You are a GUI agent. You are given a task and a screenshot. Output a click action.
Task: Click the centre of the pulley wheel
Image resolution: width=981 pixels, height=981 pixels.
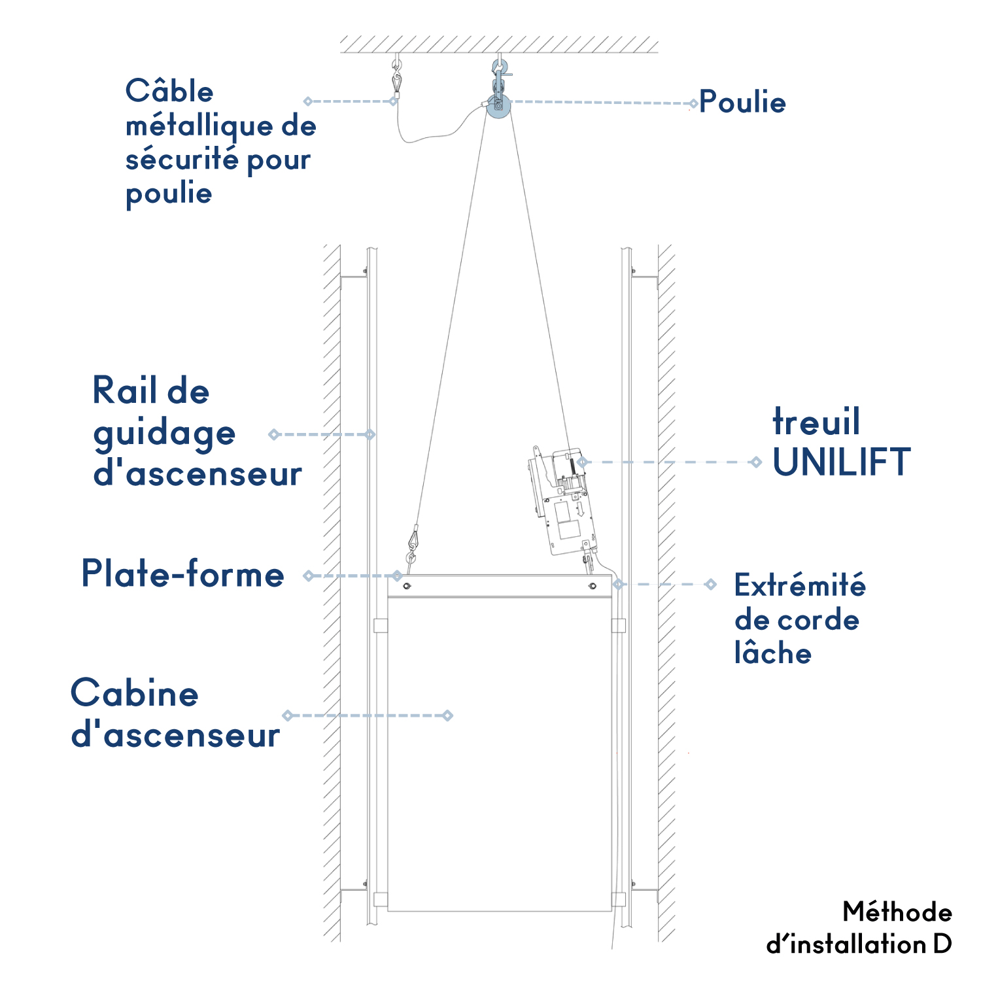(x=498, y=105)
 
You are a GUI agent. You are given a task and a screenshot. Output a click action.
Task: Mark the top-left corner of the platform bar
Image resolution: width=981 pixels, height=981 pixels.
(x=388, y=576)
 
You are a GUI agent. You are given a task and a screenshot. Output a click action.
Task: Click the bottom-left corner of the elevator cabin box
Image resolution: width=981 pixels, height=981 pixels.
(x=388, y=911)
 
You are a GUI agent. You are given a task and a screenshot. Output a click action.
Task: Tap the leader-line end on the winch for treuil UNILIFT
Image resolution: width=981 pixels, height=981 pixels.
(x=581, y=462)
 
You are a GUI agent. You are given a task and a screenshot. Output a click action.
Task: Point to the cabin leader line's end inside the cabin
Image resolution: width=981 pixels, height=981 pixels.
(x=448, y=715)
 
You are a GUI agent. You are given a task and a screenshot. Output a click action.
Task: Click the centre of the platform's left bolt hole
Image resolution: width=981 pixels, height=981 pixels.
(x=407, y=586)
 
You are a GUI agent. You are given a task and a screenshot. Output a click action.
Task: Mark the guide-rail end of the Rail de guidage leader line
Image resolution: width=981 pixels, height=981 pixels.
(x=370, y=434)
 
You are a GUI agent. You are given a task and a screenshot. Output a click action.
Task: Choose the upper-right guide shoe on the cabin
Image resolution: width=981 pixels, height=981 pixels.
(x=619, y=625)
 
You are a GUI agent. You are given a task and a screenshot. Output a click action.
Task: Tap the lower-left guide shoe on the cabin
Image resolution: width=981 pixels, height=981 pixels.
(x=381, y=899)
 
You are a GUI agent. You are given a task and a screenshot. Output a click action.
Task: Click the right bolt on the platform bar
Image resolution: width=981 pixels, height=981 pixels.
(x=593, y=586)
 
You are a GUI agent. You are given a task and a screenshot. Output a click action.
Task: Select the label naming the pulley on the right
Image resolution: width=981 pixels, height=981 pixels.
(x=743, y=102)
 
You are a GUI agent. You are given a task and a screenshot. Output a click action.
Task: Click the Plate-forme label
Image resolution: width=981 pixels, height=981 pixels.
(x=183, y=574)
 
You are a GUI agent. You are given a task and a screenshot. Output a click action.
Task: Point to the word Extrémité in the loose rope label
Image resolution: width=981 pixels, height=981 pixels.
(x=800, y=585)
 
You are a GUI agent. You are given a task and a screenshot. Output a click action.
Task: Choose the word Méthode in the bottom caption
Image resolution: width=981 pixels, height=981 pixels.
(x=897, y=912)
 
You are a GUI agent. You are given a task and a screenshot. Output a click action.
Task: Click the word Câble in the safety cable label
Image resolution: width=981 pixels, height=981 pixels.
(x=169, y=91)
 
